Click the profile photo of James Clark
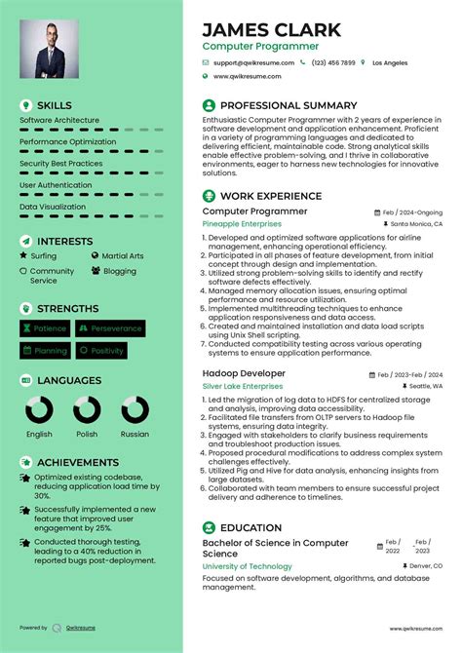click(x=53, y=51)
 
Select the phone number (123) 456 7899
click(x=333, y=62)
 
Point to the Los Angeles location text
click(x=390, y=62)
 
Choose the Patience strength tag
click(x=45, y=328)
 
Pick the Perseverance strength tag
click(x=110, y=328)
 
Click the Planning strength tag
click(x=45, y=350)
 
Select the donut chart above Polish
click(x=87, y=409)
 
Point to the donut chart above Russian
click(x=135, y=409)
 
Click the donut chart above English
click(x=40, y=409)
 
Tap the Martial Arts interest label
click(x=122, y=255)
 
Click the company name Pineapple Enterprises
click(x=242, y=223)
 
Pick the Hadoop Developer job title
click(x=244, y=373)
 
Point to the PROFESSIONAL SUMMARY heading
click(x=289, y=105)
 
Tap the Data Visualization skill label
click(x=53, y=207)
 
